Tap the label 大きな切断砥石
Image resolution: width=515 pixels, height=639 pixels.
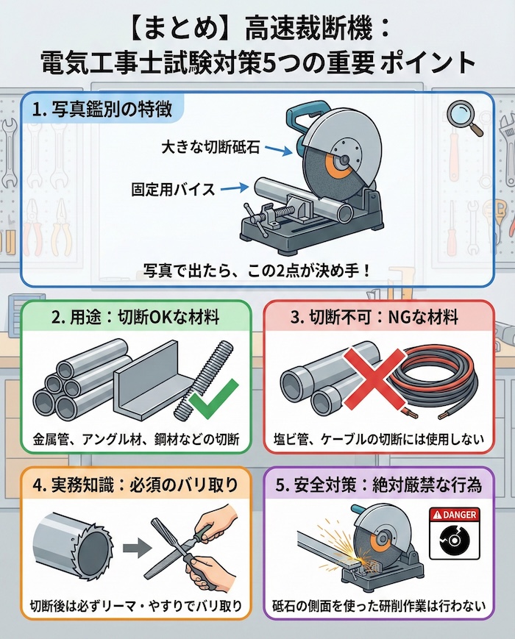pos(210,147)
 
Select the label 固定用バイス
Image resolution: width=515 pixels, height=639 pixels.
pos(173,189)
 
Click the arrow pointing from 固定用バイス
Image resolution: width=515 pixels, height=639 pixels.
pos(234,188)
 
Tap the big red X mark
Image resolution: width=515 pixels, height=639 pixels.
pos(374,378)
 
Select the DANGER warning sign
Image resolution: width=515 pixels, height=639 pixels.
pos(455,533)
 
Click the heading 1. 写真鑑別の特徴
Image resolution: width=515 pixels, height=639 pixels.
pos(102,110)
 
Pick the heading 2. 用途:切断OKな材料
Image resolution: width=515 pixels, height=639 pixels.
pos(135,317)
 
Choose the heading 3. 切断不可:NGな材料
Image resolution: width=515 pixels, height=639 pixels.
pos(374,317)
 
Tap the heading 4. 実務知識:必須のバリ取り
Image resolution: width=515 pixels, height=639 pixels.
pos(135,485)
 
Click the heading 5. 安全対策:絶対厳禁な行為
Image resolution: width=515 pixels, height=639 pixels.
pos(378,485)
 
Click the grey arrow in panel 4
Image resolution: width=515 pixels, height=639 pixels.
pos(137,548)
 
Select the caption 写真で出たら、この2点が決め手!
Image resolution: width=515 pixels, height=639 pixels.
pos(257,271)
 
